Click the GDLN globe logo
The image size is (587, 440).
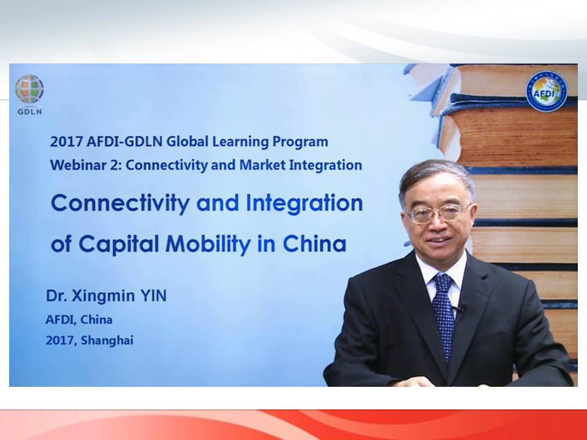(29, 89)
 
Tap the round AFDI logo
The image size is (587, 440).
(547, 91)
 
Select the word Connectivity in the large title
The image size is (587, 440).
(120, 203)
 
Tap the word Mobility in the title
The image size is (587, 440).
(208, 244)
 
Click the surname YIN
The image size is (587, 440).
(153, 296)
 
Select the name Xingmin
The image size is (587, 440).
(103, 296)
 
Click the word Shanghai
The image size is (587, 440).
(107, 340)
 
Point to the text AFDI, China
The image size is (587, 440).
(79, 320)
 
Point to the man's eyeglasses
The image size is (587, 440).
(438, 213)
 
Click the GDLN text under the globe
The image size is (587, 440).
(29, 111)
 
